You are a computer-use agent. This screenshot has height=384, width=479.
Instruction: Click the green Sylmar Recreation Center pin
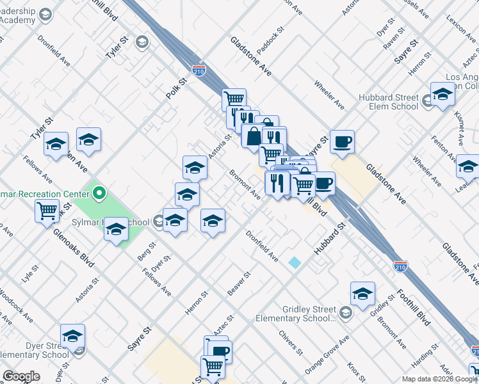click(x=99, y=192)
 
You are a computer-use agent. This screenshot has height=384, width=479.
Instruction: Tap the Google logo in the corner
click(x=21, y=376)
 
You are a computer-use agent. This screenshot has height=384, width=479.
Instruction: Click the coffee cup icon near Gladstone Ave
click(x=342, y=141)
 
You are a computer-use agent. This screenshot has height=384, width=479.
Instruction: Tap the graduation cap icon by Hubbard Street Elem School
click(x=442, y=94)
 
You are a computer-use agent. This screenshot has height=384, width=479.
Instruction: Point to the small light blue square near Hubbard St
click(x=295, y=262)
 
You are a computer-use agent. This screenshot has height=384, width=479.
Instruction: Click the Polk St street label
click(x=175, y=86)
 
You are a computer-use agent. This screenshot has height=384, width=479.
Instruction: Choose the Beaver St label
click(x=238, y=283)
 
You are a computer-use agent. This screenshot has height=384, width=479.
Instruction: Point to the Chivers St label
click(x=290, y=342)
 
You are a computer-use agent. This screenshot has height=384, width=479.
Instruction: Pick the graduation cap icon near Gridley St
click(x=362, y=292)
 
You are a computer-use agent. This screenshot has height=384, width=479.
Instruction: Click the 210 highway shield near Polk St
click(x=200, y=67)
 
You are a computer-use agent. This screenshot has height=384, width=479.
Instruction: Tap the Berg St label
click(x=147, y=252)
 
